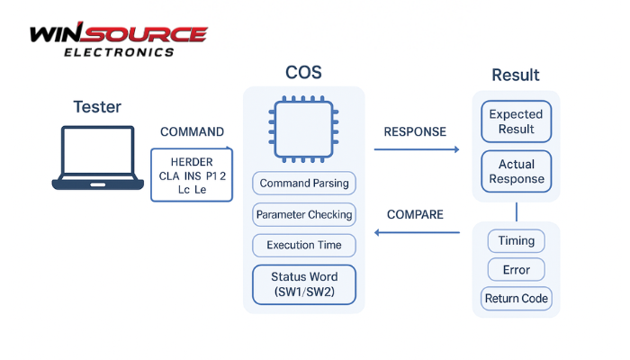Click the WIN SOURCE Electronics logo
tap(118, 40)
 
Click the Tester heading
tap(97, 107)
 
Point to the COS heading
tap(303, 73)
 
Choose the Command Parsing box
tap(303, 184)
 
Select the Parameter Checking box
tap(303, 214)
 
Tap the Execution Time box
tap(303, 245)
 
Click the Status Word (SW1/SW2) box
tap(303, 283)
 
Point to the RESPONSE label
tap(415, 131)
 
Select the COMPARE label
tap(415, 214)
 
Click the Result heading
tap(516, 75)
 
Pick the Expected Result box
tap(516, 121)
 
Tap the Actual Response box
tap(516, 171)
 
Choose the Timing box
tap(516, 240)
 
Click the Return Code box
tap(516, 299)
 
